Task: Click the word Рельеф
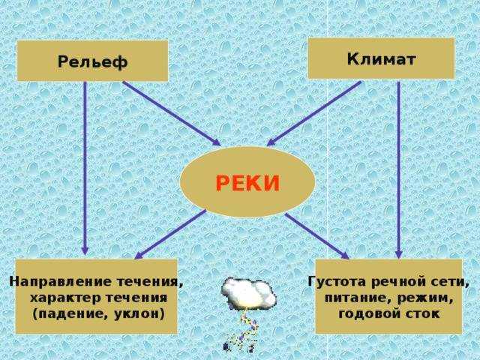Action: point(92,62)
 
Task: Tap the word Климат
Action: point(382,58)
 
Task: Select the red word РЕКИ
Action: point(247,183)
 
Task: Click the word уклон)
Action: point(139,314)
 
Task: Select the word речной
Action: point(397,282)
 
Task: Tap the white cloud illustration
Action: point(248,292)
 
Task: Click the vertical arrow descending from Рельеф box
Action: point(85,168)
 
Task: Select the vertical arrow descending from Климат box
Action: point(398,170)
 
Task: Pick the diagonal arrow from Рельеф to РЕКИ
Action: point(172,113)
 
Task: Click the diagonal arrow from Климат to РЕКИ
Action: point(314,113)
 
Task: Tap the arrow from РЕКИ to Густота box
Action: point(316,236)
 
